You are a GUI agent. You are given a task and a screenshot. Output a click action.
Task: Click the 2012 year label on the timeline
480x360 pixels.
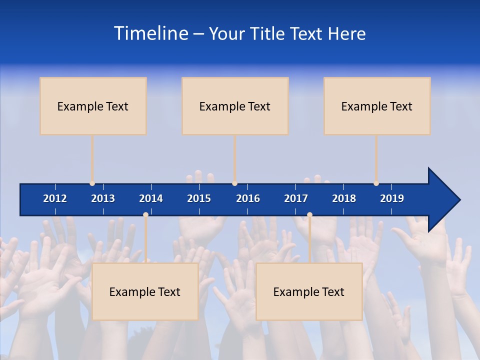click(55, 198)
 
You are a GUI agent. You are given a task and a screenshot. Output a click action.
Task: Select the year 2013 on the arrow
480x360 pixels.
click(103, 198)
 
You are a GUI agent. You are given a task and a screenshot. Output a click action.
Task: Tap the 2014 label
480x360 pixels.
click(151, 198)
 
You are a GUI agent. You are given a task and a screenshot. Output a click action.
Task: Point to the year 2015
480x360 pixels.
click(199, 198)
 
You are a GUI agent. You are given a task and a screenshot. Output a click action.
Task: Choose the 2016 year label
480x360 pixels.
click(248, 198)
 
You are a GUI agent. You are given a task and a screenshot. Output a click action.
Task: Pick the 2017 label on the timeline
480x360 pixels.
click(296, 198)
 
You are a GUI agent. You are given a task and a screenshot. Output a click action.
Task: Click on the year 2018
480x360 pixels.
click(344, 198)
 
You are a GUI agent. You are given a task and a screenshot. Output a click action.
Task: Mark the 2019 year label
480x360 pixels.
click(392, 198)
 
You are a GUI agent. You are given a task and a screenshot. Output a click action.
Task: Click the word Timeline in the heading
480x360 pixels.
click(150, 33)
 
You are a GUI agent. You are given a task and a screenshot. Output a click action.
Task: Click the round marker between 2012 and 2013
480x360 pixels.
click(92, 183)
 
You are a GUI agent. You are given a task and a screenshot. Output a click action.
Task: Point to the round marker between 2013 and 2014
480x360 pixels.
click(145, 214)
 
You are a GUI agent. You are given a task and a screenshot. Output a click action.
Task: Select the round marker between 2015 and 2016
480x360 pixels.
click(234, 183)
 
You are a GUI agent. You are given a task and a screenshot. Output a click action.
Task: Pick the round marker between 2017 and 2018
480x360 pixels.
click(309, 214)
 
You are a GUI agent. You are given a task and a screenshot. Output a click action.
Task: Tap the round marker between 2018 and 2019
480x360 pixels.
click(376, 183)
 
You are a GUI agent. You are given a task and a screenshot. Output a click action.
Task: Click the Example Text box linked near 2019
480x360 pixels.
click(377, 106)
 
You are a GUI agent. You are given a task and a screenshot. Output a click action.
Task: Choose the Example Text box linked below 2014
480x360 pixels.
click(145, 291)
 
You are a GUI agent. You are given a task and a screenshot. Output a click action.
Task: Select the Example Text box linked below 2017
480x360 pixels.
click(309, 291)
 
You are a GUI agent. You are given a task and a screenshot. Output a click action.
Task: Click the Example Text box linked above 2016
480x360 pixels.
click(235, 106)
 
